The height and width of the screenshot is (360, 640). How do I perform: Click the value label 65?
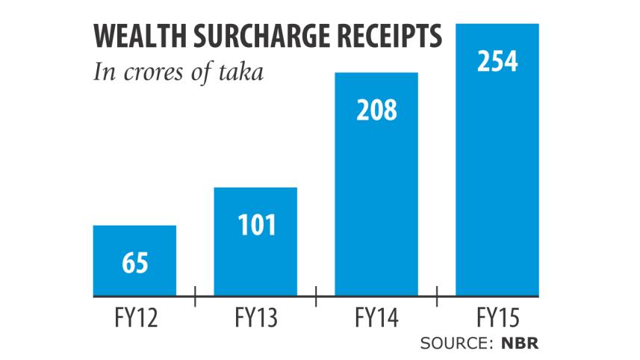pyautogui.click(x=134, y=264)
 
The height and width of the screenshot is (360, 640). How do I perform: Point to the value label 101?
pyautogui.click(x=255, y=225)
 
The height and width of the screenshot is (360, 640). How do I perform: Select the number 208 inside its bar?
pyautogui.click(x=376, y=111)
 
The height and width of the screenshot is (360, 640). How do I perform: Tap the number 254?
pyautogui.click(x=497, y=61)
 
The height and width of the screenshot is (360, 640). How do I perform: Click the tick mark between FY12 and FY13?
pyautogui.click(x=195, y=297)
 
